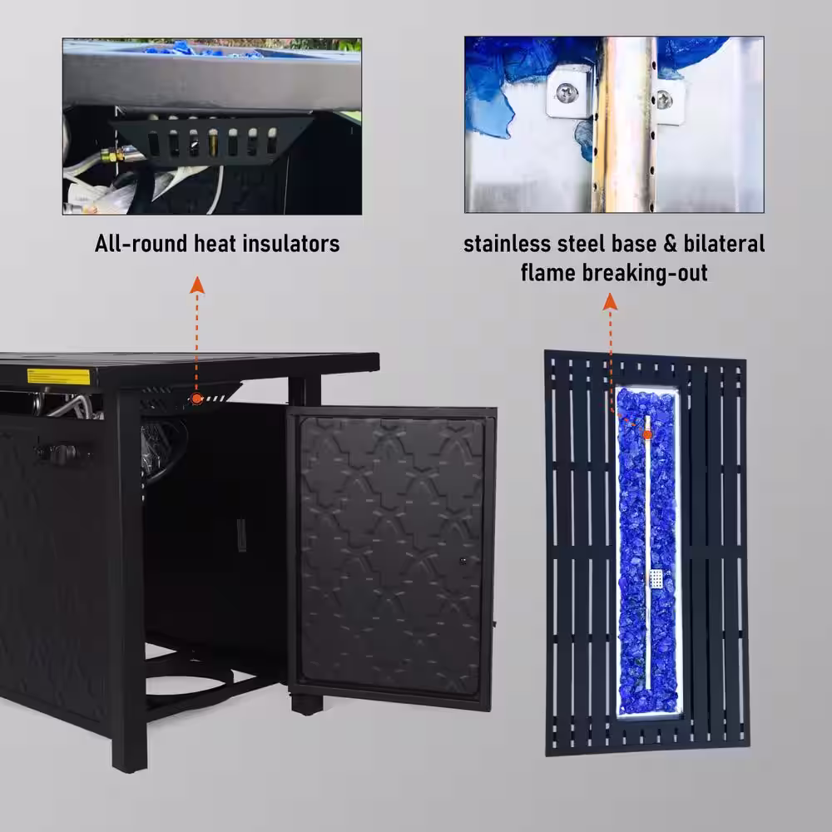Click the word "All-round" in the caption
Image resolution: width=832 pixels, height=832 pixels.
click(141, 244)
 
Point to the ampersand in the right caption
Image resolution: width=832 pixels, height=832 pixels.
click(670, 244)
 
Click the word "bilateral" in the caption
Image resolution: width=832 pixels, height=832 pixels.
click(724, 244)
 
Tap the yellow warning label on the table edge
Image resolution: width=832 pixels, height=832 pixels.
click(59, 376)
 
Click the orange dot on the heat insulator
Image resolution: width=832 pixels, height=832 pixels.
click(197, 399)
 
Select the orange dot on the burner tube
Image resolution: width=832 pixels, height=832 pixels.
click(646, 434)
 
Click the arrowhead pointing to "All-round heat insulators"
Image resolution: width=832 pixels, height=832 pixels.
click(197, 285)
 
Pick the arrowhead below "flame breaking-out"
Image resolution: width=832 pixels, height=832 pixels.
click(610, 301)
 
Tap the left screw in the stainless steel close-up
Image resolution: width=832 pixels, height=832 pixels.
click(567, 93)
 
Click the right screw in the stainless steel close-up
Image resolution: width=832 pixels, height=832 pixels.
click(664, 99)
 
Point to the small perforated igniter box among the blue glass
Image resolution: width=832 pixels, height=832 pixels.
click(657, 578)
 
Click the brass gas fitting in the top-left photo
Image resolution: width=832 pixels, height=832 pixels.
click(113, 156)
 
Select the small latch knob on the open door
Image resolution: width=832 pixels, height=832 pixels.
click(463, 560)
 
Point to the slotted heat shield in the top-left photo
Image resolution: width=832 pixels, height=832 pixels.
click(212, 141)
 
